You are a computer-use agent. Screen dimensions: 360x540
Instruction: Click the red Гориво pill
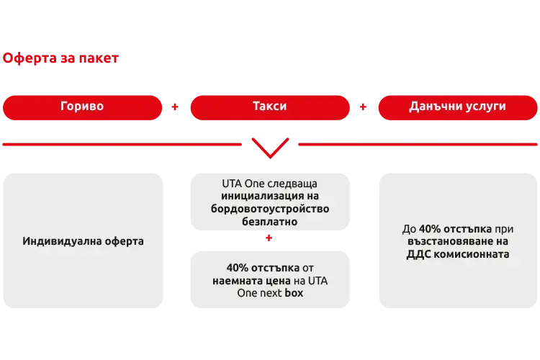pos(82,107)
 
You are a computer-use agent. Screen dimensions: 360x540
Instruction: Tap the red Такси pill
pos(269,107)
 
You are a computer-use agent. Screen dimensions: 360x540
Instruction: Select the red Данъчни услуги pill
pos(457,107)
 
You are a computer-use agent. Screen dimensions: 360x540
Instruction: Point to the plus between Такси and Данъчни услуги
pos(364,107)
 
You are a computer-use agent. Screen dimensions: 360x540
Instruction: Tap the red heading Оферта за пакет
pos(61,58)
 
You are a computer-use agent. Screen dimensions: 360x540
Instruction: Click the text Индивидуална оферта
pos(83,241)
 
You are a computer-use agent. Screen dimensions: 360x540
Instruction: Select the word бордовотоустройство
pos(271,209)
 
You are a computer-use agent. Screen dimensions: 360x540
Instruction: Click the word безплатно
pos(271,222)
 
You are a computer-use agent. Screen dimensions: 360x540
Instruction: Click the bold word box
pos(294,293)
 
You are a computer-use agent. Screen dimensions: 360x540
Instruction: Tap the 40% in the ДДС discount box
pos(431,228)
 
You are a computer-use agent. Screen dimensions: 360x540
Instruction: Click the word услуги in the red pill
pos(487,107)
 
